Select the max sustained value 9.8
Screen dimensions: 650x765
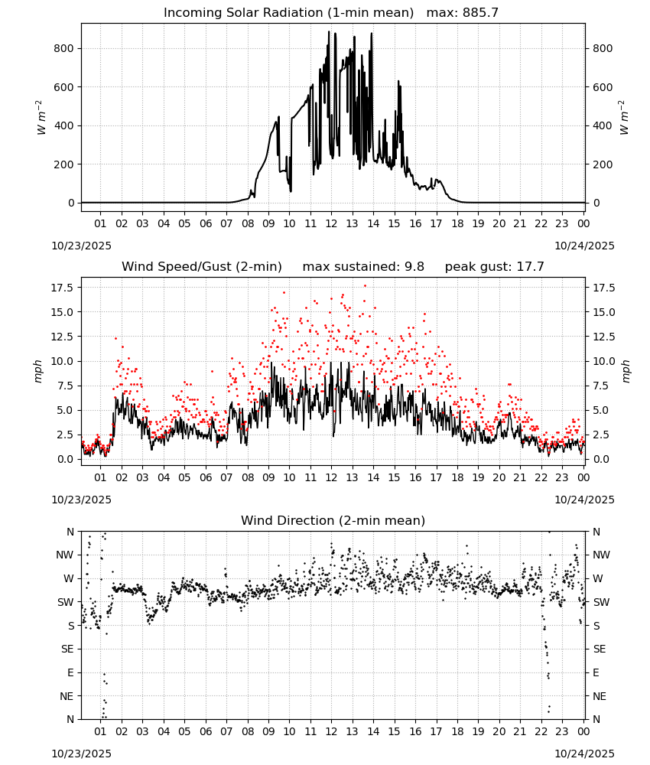point(414,266)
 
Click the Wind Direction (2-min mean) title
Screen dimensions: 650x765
point(333,520)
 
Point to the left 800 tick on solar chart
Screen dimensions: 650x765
point(64,48)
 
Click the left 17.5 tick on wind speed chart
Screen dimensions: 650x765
point(62,288)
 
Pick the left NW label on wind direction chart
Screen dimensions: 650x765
point(65,555)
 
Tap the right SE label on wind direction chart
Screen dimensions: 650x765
point(600,649)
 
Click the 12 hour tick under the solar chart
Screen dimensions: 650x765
point(331,223)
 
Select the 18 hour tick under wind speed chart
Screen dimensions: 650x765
point(457,477)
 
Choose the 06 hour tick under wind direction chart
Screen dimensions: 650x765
point(206,731)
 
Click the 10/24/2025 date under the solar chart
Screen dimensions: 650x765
point(585,246)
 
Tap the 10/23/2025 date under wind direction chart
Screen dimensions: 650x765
point(81,754)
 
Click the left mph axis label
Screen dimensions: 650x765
point(38,371)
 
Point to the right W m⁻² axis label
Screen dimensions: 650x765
point(624,117)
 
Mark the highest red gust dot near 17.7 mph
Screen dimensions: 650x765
point(366,286)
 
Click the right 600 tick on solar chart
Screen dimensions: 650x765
point(603,87)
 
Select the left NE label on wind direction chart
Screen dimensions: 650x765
point(67,696)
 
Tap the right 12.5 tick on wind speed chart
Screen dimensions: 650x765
point(604,337)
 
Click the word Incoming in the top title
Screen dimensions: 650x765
point(187,12)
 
